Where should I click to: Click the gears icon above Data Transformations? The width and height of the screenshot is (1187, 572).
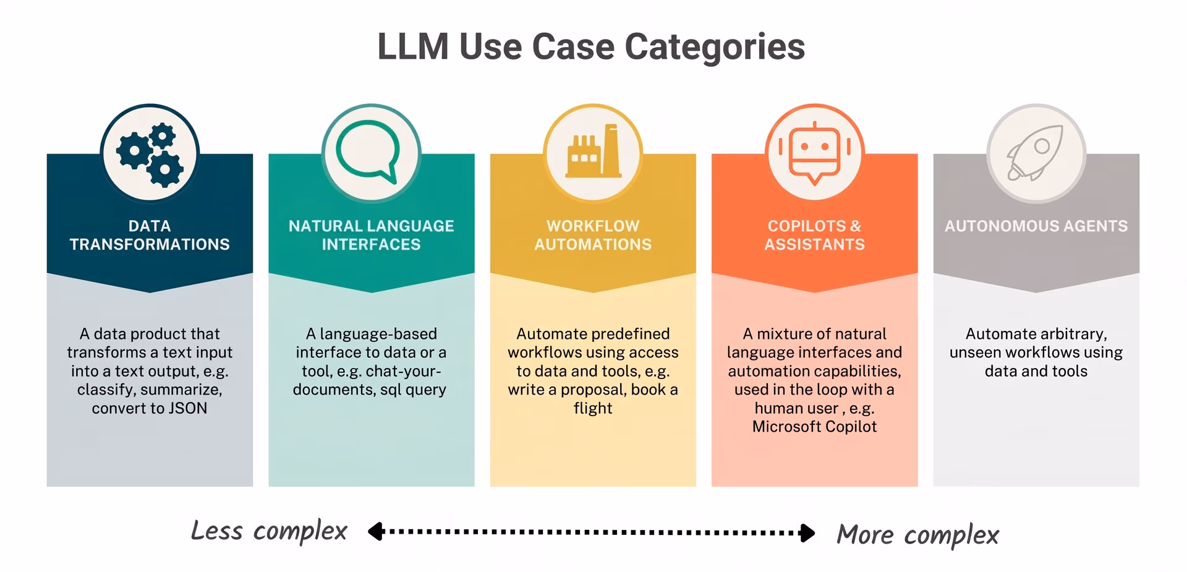[150, 154]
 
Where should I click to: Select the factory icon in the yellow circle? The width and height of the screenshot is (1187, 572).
[593, 151]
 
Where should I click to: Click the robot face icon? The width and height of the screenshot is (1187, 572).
[814, 153]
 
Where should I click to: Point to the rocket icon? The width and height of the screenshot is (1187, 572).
[1036, 153]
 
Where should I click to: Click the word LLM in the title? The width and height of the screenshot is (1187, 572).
[413, 47]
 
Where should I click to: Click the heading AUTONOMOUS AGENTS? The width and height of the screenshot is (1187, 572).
[1036, 226]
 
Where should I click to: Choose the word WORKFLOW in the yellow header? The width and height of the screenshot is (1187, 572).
[593, 226]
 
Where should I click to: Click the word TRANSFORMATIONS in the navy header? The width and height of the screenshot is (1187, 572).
[150, 245]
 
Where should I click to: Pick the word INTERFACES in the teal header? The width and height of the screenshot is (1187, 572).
[371, 245]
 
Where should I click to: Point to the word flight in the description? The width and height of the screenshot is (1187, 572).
[593, 409]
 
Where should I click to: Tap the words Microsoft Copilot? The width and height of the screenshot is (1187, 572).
[814, 427]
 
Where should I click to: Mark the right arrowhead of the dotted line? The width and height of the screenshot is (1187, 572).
[807, 532]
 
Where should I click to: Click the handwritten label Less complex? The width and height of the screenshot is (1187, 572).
[269, 531]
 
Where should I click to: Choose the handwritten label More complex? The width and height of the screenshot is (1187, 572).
[917, 535]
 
